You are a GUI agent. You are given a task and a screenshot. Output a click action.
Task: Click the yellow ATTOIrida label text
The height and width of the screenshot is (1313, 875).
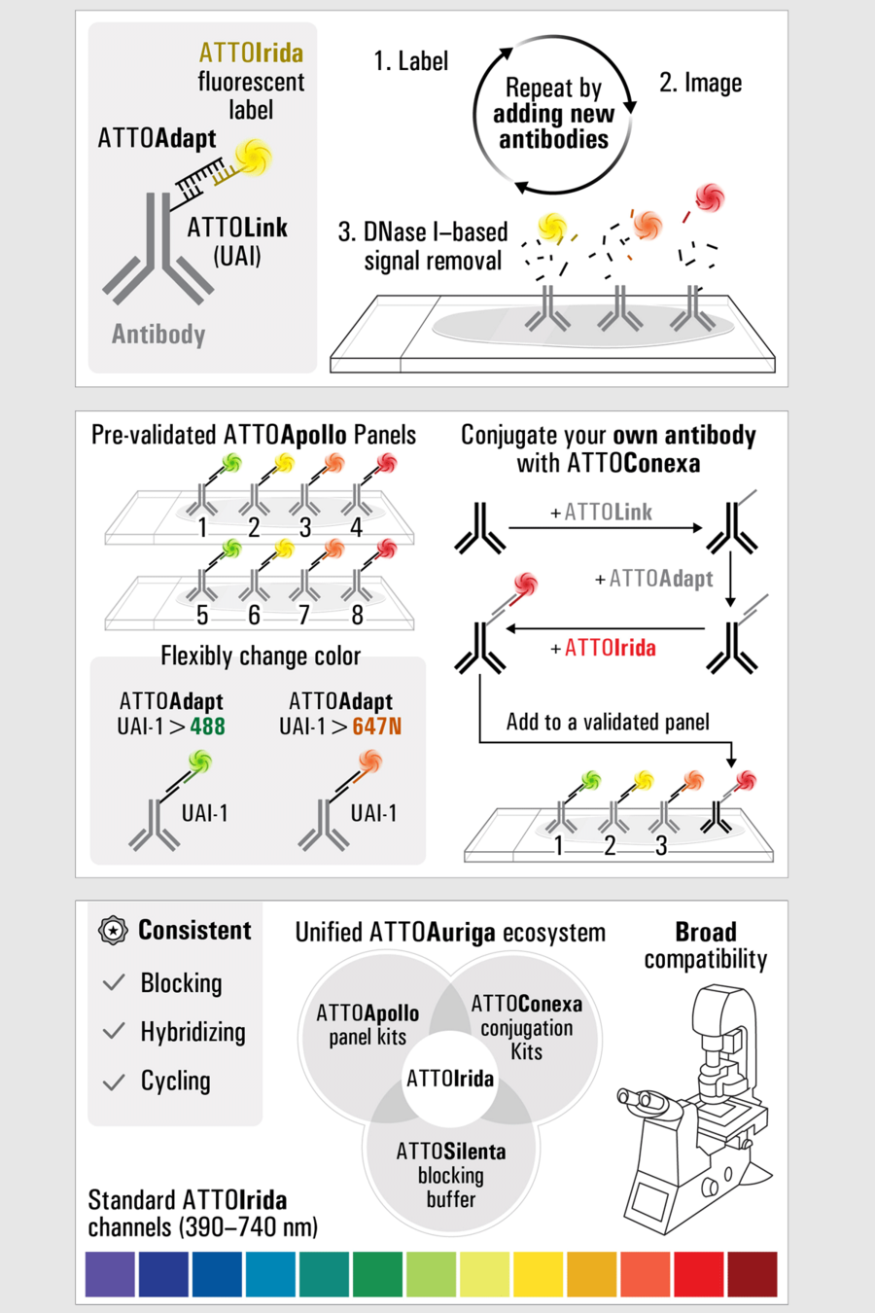tap(251, 53)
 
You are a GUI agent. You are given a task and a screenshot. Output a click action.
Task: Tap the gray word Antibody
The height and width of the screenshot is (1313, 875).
tap(158, 335)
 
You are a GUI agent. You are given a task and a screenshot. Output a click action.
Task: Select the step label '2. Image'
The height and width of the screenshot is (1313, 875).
tap(700, 83)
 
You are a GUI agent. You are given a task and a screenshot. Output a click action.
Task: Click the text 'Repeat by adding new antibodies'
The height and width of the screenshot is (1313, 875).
tap(553, 115)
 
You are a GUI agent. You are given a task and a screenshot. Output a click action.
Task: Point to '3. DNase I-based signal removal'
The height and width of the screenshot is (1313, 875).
tap(423, 246)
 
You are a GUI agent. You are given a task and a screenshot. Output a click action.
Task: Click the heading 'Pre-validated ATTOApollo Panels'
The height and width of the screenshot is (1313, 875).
tap(254, 435)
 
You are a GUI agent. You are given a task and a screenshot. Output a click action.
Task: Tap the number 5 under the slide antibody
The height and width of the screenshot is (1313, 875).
tap(202, 615)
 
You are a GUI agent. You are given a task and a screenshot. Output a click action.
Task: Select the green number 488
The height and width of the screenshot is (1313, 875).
tap(207, 727)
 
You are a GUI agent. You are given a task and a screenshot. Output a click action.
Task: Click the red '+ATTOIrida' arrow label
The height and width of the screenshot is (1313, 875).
tap(604, 648)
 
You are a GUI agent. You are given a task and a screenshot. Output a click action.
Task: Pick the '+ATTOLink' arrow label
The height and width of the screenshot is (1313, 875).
tap(602, 512)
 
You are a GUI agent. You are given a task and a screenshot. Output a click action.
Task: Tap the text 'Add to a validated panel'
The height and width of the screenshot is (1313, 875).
tap(608, 722)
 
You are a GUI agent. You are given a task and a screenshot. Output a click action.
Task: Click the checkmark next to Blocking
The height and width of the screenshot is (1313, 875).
tap(114, 982)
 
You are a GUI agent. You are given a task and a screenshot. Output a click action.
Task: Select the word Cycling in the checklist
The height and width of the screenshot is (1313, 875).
tap(175, 1081)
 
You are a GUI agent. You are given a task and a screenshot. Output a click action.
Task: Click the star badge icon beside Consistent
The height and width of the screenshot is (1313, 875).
tap(114, 931)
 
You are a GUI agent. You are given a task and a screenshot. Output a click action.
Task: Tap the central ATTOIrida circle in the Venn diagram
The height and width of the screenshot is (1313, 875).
tap(450, 1079)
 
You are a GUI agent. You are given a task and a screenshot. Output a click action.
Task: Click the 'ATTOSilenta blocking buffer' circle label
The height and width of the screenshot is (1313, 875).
tap(451, 1175)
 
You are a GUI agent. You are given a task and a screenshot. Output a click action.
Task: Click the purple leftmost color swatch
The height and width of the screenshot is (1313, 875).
tap(110, 1274)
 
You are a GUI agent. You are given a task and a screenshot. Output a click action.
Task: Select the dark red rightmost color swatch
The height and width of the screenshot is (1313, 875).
tap(752, 1274)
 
